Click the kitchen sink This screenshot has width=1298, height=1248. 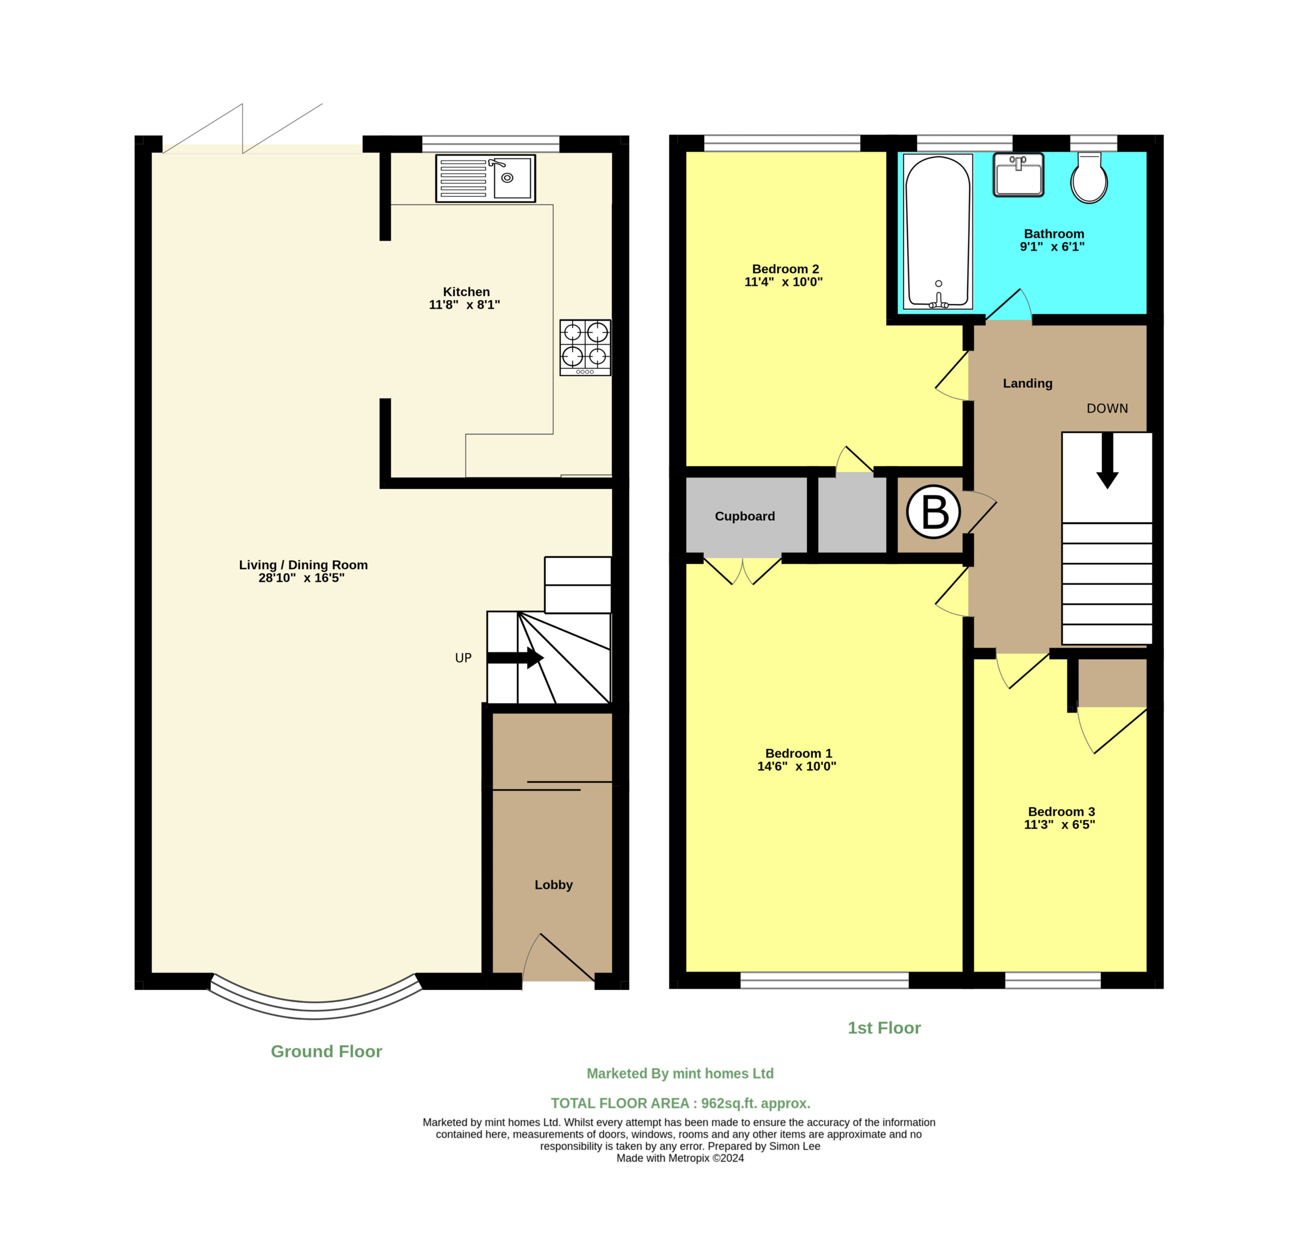coord(485,178)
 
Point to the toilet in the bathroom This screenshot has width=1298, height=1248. coord(1090,177)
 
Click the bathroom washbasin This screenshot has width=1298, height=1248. coord(1019,175)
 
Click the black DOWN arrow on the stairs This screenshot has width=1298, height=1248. coord(1107,461)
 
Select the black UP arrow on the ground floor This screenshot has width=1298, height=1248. coord(515,658)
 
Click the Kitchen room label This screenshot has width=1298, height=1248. coord(466,292)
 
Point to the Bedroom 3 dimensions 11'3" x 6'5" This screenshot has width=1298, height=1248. coord(1060,825)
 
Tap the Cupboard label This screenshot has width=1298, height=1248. coord(745,517)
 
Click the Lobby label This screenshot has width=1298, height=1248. coord(554,885)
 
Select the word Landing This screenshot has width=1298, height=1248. coord(1028,383)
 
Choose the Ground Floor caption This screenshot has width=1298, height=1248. coord(327,1051)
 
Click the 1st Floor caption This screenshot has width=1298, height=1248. coord(884,1027)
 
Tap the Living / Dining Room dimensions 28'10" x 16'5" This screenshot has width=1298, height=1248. coord(301,578)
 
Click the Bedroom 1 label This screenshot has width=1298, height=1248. coord(799,753)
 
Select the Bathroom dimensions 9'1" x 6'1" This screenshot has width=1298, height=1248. coord(1052,247)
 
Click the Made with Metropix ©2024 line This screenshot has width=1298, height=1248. coord(680,1158)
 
